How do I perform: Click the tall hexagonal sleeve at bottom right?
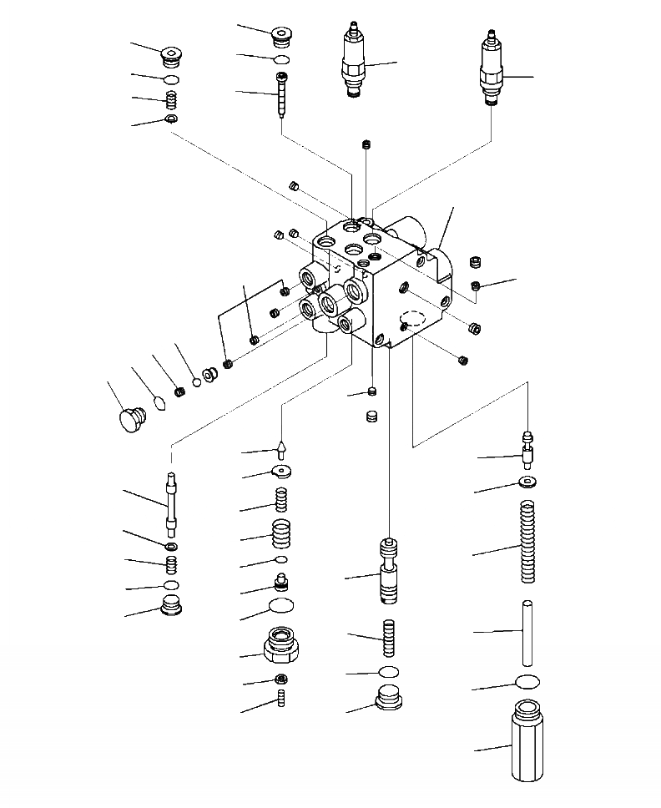526,742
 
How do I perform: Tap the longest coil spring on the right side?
525,542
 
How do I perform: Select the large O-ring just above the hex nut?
282,608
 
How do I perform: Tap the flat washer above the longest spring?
527,482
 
